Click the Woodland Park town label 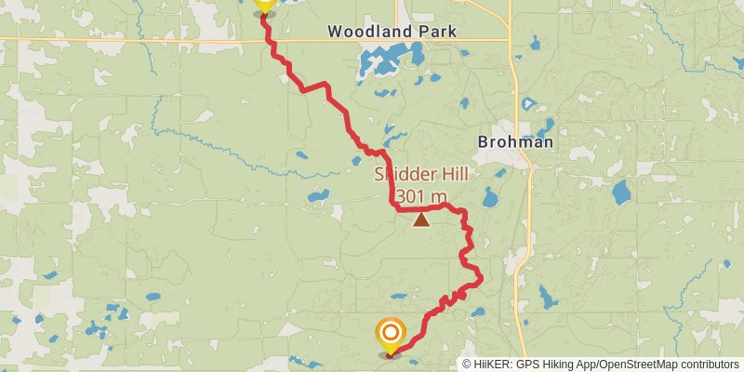392,32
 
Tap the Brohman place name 514,143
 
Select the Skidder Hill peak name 420,175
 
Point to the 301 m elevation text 420,196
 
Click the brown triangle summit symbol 421,220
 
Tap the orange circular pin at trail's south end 390,333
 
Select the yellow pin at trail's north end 264,3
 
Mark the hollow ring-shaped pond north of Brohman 529,103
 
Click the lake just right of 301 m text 490,197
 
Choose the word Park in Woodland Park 438,32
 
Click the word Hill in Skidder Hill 450,175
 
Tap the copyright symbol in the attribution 467,365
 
